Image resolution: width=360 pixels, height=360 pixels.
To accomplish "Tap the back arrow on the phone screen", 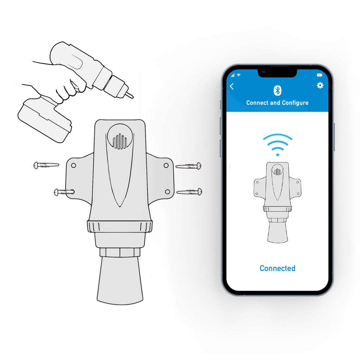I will pos(232,86).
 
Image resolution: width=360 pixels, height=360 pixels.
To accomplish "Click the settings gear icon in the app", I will pos(320,85).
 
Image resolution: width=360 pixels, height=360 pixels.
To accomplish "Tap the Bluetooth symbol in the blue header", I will pos(277,91).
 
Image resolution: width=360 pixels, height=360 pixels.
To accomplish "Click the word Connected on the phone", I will pos(277,268).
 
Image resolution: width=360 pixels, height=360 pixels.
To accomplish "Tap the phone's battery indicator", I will pos(319,75).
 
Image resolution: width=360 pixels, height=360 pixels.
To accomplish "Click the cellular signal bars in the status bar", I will pos(233,75).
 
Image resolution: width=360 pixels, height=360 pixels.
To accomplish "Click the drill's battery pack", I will pos(44,118).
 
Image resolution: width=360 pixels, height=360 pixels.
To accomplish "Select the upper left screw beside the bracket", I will pos(46,165).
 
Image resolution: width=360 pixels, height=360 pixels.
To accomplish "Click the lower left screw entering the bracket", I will pos(63,192).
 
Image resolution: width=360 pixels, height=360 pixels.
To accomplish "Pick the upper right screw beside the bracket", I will pos(189,166).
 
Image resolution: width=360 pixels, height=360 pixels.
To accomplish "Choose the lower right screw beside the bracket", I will pos(190,192).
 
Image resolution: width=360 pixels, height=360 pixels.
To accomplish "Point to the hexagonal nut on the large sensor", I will pos(120,252).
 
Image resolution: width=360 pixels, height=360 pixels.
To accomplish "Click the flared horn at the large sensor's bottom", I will pos(120,281).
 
